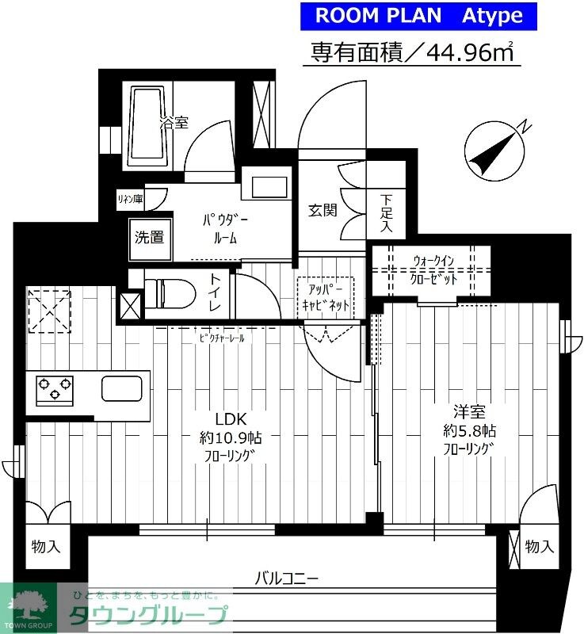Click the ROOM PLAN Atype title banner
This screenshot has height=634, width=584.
(x=419, y=15)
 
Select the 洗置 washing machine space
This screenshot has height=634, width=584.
(x=149, y=235)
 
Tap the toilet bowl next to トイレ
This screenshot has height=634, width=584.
(x=177, y=293)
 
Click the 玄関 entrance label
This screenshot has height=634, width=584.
(x=323, y=210)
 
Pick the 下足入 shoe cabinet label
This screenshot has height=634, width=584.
(x=387, y=213)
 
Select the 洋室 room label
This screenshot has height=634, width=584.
(x=469, y=412)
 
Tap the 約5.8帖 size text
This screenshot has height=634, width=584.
(x=469, y=431)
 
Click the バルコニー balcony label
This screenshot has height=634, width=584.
(x=286, y=579)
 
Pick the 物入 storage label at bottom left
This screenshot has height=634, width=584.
(x=45, y=547)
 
